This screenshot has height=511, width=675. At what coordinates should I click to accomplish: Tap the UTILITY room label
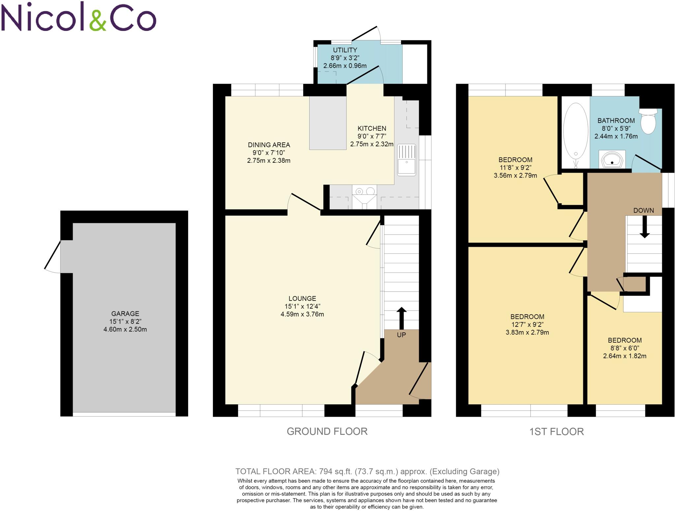coord(345,50)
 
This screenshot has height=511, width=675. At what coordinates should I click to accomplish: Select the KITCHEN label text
coord(372,128)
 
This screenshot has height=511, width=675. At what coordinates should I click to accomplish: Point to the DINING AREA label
coord(269,145)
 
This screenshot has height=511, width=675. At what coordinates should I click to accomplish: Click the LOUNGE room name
coord(302,298)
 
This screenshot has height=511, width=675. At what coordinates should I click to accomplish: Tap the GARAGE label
coord(125,314)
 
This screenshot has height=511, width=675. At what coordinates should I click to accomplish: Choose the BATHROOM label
coord(616,121)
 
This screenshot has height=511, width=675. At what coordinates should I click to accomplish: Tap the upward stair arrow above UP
coord(401,318)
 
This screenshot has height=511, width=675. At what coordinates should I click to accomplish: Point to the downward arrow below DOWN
coord(644,227)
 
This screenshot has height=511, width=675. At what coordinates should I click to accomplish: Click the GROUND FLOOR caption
coord(327,431)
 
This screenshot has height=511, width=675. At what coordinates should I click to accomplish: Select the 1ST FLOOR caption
coord(556,432)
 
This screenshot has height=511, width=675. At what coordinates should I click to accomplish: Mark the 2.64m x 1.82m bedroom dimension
coord(625,356)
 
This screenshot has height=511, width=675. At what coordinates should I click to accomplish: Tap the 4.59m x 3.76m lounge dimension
coord(302,314)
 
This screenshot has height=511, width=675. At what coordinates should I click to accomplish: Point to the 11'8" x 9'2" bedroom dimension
coord(515,168)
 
